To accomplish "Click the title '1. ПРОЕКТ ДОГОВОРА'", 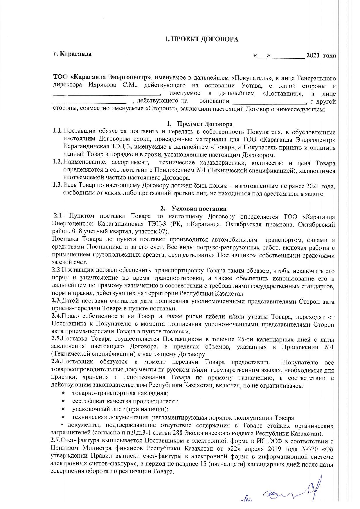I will point(201,39).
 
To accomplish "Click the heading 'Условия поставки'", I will point(199,209).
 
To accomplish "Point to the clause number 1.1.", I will point(58,132).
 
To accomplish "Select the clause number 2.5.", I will point(56,339).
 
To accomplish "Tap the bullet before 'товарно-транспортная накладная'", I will point(63,393).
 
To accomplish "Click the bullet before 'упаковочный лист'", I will point(63,410).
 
